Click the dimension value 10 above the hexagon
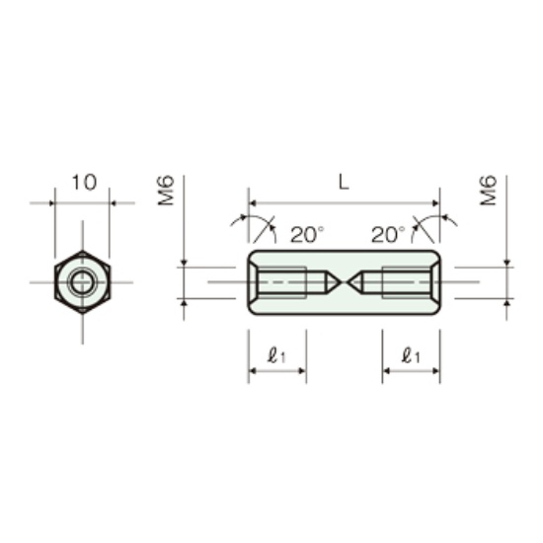point(84,183)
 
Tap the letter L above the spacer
point(344,183)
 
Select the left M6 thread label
point(166,191)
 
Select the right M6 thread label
point(489,191)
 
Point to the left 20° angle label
point(307,234)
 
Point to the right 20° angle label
point(388,234)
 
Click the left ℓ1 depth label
point(276,355)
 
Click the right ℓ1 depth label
point(411,355)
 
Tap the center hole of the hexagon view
point(82,282)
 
